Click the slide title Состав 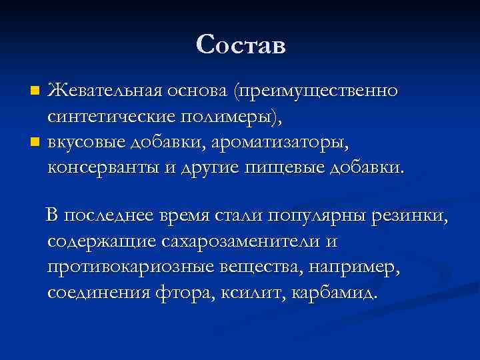pos(241,45)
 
